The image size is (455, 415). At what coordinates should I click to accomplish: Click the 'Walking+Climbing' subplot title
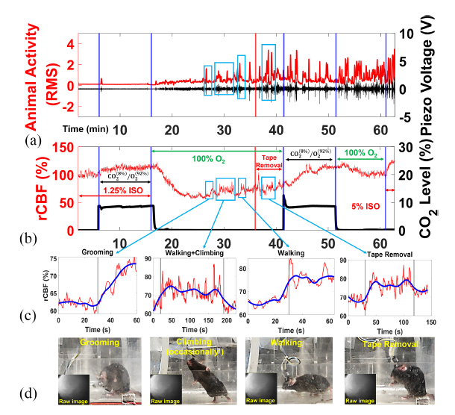click(x=191, y=253)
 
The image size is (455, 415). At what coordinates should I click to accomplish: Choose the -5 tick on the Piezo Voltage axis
click(x=403, y=117)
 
